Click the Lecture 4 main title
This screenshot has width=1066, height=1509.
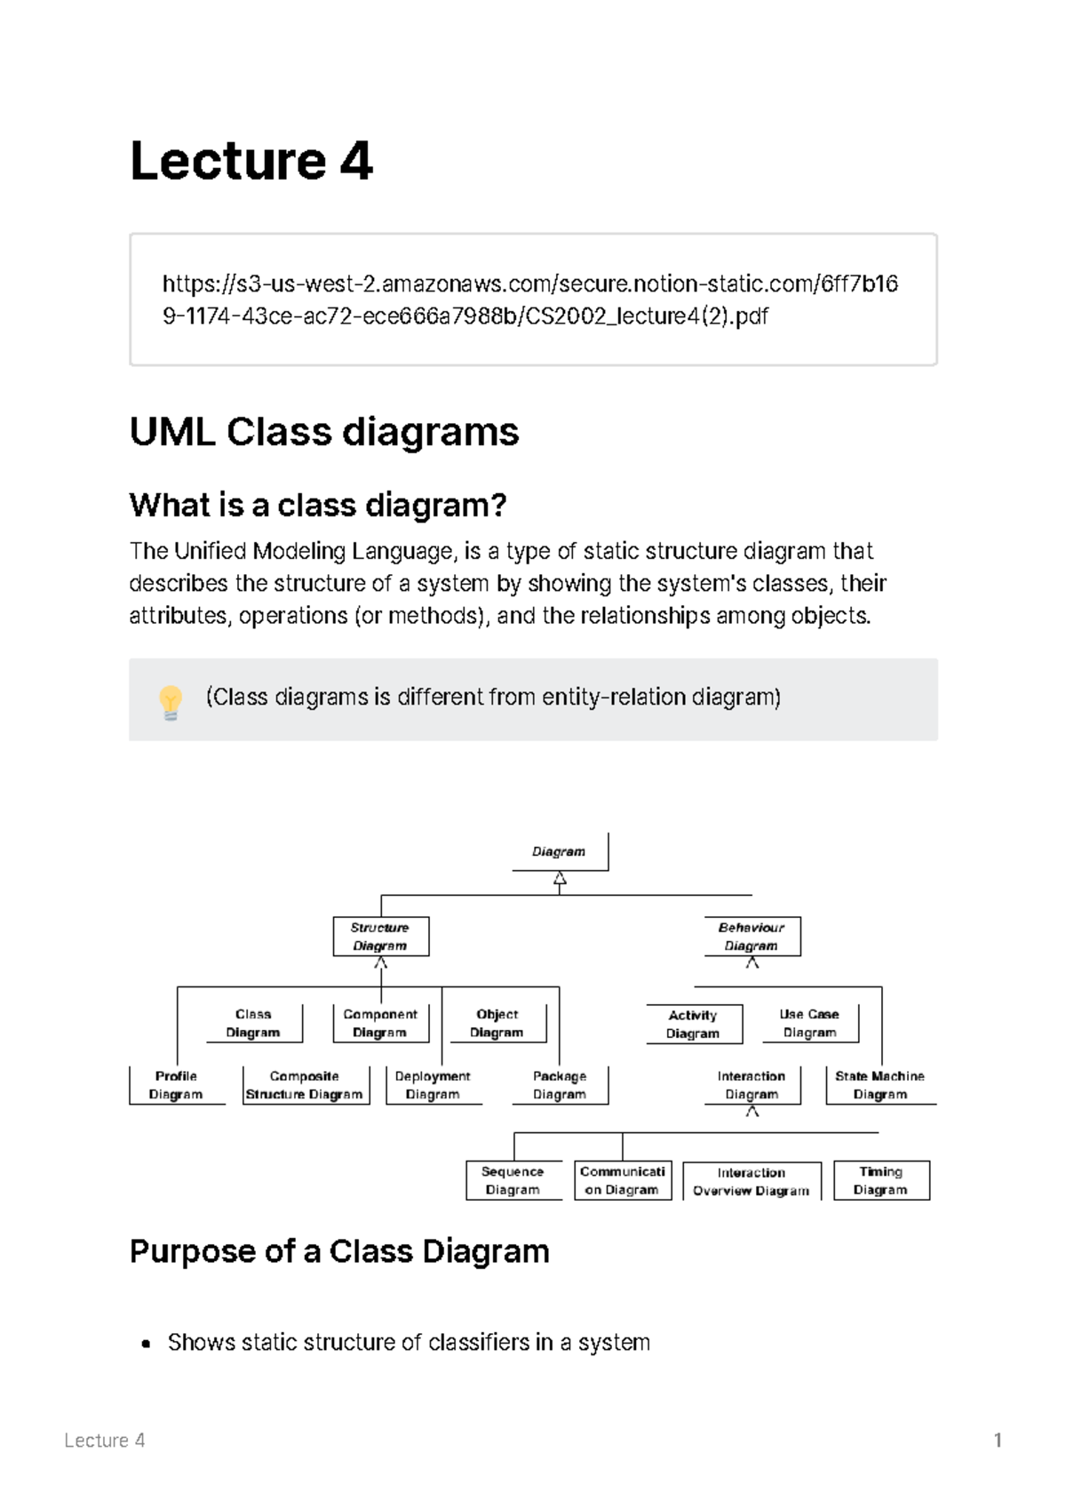(x=251, y=162)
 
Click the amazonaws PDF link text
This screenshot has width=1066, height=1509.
(x=529, y=299)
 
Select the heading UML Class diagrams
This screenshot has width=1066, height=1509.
(x=324, y=433)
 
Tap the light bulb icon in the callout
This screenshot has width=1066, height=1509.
(x=171, y=701)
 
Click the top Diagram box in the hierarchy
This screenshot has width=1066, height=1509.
(x=560, y=851)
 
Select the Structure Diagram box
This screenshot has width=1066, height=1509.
(x=380, y=937)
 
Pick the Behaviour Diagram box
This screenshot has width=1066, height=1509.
(x=752, y=937)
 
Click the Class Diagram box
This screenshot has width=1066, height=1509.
(x=253, y=1024)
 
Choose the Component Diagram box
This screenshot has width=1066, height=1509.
(x=380, y=1024)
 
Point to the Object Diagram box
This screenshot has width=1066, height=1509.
(x=497, y=1024)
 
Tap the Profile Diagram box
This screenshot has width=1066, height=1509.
(x=176, y=1085)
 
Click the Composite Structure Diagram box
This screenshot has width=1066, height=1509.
(x=305, y=1085)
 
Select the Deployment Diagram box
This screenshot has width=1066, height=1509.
(x=433, y=1085)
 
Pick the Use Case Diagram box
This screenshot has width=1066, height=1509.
(x=809, y=1024)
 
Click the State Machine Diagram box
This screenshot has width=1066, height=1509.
(x=879, y=1085)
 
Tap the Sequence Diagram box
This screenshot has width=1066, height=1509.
(x=513, y=1181)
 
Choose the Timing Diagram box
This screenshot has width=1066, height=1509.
(x=880, y=1181)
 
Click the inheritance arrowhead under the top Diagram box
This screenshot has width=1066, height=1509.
(x=560, y=880)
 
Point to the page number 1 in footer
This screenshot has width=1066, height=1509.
(x=998, y=1441)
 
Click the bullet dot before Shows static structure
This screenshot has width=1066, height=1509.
(x=147, y=1344)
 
